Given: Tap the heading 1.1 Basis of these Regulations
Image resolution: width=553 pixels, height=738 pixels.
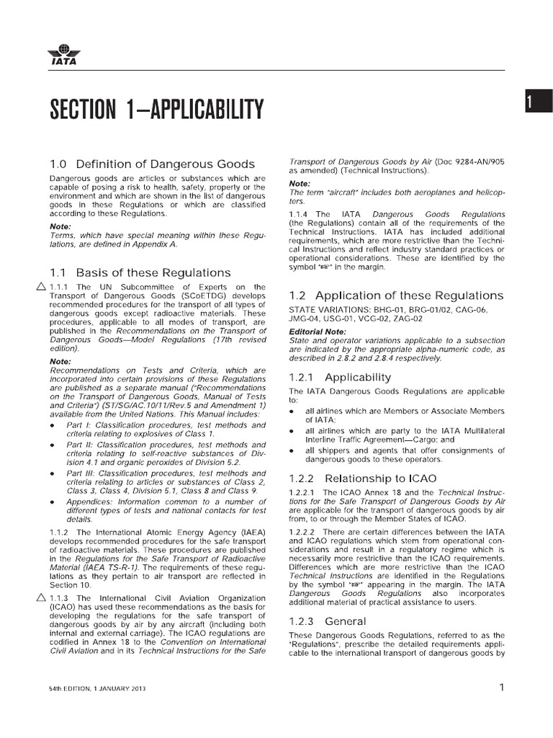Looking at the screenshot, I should [140, 272].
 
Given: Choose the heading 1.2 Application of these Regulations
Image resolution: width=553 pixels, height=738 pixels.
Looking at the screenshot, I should [395, 295].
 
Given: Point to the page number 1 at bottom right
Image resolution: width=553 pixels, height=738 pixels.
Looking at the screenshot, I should [501, 688].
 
